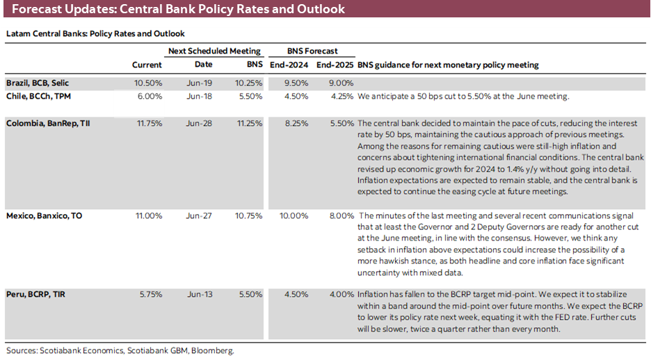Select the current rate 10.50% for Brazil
(149, 83)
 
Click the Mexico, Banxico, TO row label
(44, 216)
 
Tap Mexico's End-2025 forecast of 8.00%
(339, 216)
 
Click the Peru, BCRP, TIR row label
(37, 294)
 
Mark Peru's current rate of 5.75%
(150, 294)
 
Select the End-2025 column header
(335, 65)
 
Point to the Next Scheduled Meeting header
(215, 51)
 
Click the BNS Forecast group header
(312, 51)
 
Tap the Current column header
(147, 65)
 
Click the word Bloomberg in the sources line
(214, 351)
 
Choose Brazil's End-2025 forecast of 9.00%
(340, 83)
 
